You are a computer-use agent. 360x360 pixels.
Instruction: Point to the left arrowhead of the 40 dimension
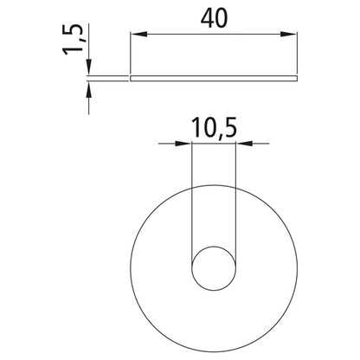(x=137, y=34)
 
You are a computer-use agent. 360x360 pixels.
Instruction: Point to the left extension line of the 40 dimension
(x=131, y=52)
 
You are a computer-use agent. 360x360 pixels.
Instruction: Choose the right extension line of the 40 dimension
(x=298, y=52)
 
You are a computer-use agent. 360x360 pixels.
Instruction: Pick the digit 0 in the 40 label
(x=221, y=16)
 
